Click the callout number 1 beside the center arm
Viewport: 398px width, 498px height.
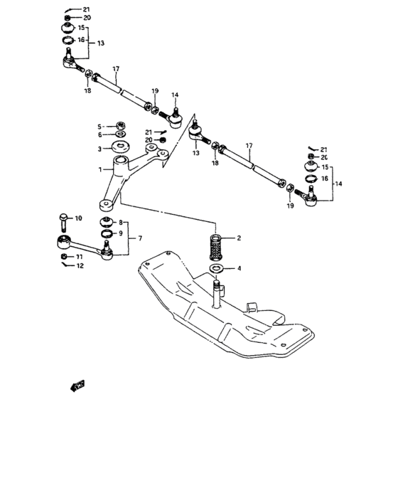tap(101, 170)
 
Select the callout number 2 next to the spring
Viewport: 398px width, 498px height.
tap(239, 238)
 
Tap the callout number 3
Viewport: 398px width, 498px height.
tap(100, 149)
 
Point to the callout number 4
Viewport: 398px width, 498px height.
tap(239, 268)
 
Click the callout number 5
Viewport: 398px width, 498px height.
tap(100, 126)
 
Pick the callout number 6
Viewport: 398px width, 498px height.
tap(100, 135)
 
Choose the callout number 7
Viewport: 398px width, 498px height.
tap(140, 238)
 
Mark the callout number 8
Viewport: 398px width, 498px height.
tap(120, 223)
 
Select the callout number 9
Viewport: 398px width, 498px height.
tap(120, 233)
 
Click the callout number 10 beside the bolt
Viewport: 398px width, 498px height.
tap(78, 218)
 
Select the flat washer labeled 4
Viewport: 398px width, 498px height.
tap(217, 269)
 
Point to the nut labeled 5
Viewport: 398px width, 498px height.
tap(119, 126)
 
